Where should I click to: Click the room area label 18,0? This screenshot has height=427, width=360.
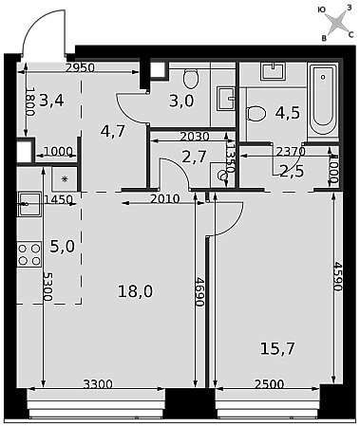pos(135,291)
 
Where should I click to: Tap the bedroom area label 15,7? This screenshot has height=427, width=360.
pos(277,348)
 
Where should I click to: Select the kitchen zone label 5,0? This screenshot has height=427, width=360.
pos(63,246)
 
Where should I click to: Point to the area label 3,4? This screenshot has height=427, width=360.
pos(52,101)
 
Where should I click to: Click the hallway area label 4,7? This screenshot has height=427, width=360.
pos(113,131)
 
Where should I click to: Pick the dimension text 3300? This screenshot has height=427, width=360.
pos(98,384)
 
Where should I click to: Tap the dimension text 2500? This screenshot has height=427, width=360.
pos(270,384)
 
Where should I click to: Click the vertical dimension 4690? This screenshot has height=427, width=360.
pos(199,291)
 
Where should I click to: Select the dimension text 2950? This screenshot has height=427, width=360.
pos(80,67)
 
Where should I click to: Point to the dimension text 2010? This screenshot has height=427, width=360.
pos(165,199)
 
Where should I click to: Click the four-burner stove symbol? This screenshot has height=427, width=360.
pos(29,254)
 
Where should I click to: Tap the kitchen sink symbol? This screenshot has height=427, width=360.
pos(29,204)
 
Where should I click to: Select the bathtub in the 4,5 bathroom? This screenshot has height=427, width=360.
pos(323,100)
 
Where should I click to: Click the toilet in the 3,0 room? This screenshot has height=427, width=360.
pos(191,79)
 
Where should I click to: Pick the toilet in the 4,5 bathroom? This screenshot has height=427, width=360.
pos(256,113)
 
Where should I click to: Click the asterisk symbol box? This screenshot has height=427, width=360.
pos(65,179)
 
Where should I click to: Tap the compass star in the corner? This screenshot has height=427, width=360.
pos(336,23)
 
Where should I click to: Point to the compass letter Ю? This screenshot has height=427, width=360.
pos(321,10)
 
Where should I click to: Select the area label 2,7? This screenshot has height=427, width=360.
pos(195,157)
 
